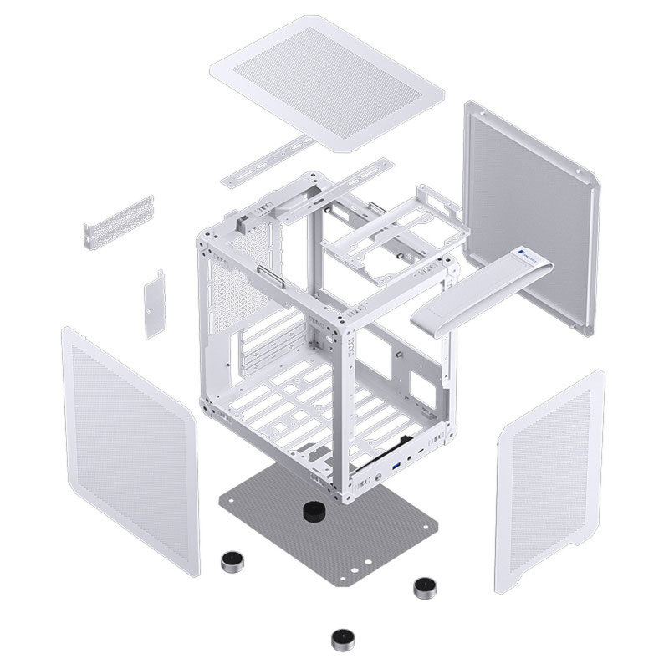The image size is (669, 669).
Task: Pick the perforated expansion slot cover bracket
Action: pos(119,221)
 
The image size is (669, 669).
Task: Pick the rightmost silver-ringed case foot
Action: pos(425,587)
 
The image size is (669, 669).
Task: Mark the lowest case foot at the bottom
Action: pos(340,641)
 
